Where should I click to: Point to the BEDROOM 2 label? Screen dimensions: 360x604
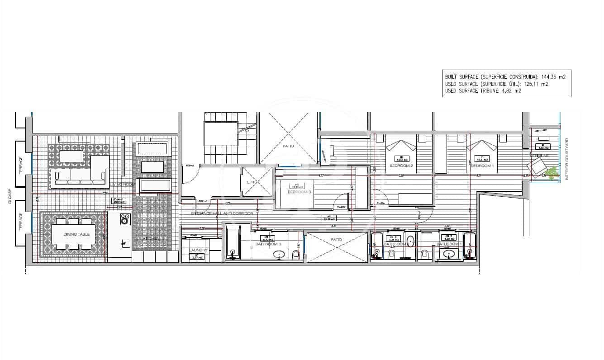tap(400, 166)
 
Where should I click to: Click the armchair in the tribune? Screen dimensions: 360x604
tap(538, 168)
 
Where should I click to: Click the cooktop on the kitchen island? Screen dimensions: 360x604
tap(125, 220)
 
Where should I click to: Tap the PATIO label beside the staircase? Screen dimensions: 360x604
tap(288, 146)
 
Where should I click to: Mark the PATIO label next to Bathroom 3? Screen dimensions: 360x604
tap(336, 240)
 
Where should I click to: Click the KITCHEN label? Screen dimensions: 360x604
tap(151, 238)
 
